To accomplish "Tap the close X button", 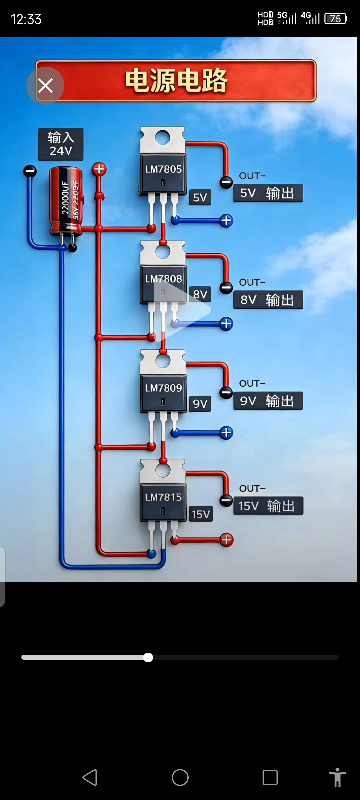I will [x=45, y=86].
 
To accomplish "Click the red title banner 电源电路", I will [x=176, y=81].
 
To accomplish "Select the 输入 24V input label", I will [x=61, y=144].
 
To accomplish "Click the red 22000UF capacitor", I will [x=66, y=201].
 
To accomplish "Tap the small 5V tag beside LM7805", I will [x=200, y=197].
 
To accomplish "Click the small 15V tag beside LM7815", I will [x=201, y=514].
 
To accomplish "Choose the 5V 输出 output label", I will [x=268, y=193].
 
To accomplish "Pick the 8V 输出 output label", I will [x=268, y=300].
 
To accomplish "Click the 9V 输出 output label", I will [x=268, y=401].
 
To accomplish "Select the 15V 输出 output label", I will [x=268, y=506].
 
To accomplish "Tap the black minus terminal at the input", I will [x=30, y=171].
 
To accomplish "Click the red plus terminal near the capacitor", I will [x=99, y=169].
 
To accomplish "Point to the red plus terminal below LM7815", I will [x=226, y=540].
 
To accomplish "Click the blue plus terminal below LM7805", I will [x=226, y=220].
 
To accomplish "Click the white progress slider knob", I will [x=148, y=657].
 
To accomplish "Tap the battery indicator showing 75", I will [x=336, y=19].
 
